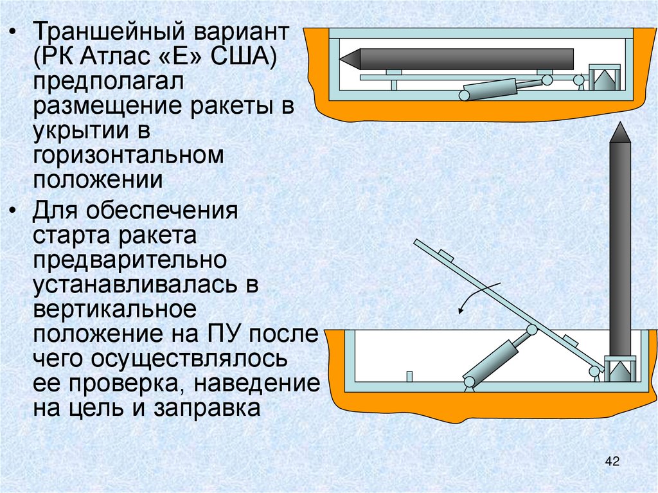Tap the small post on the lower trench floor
pyautogui.click(x=409, y=376)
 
